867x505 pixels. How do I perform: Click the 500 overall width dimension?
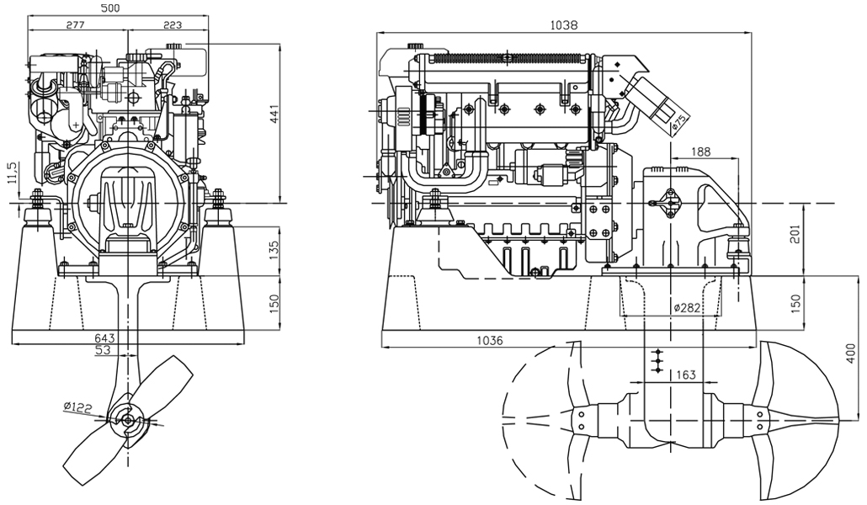(x=110, y=8)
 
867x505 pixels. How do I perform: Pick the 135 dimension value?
(x=274, y=248)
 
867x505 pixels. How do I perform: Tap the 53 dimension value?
(x=103, y=350)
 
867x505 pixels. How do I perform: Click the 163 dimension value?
(x=686, y=375)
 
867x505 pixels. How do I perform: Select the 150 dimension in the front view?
(x=274, y=303)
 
